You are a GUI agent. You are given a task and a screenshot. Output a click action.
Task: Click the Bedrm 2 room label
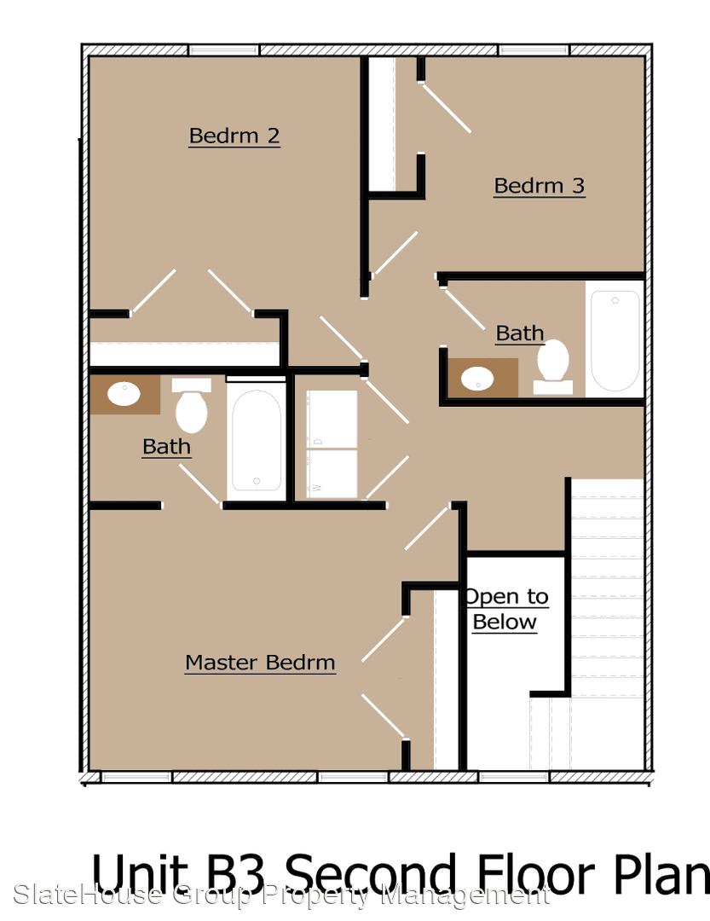tap(234, 136)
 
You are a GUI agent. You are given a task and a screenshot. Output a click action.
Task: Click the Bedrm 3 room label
tap(540, 186)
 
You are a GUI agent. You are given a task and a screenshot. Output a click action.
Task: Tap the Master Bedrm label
tap(260, 663)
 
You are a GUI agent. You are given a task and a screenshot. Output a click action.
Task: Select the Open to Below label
tap(505, 610)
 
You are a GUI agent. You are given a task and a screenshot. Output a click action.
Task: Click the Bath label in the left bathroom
tap(167, 447)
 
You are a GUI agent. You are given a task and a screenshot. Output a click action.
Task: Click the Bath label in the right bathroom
tap(520, 333)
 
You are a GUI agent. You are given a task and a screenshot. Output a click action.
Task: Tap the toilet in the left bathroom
tap(192, 405)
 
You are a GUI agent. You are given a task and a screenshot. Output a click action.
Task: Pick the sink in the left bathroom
tap(124, 393)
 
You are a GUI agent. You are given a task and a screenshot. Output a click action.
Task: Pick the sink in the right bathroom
tap(477, 379)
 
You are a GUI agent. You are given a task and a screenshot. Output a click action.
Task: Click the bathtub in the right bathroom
tap(615, 340)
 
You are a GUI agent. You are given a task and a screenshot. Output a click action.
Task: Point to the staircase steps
tap(607, 588)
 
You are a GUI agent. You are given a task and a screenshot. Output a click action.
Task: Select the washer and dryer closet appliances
tap(332, 444)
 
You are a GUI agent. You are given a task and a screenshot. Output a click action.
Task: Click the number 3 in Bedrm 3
tap(579, 186)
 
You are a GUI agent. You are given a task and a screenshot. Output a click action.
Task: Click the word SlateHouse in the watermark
tap(88, 895)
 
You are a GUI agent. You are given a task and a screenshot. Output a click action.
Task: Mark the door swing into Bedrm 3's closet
tap(446, 107)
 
